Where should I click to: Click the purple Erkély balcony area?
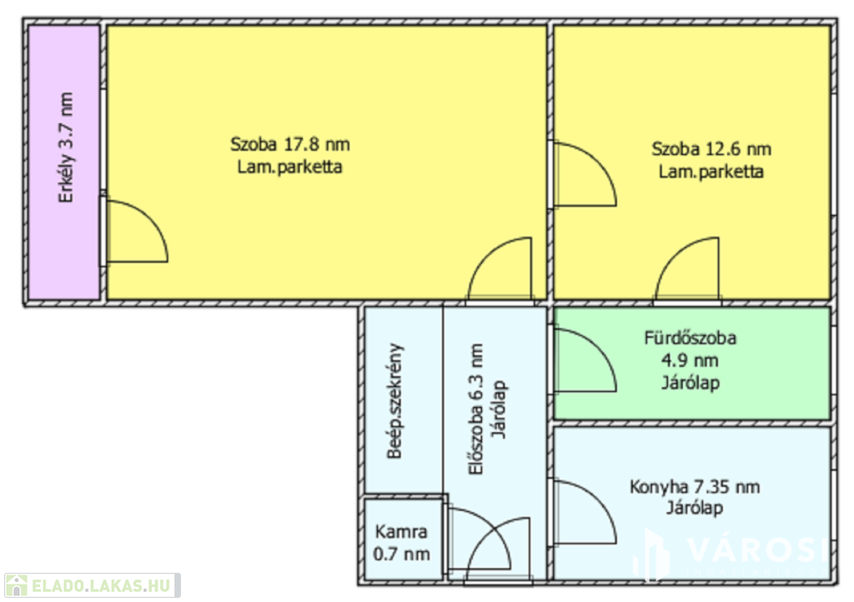(x=63, y=163)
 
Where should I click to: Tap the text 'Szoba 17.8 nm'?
(x=289, y=144)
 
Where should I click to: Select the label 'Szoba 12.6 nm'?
(x=711, y=148)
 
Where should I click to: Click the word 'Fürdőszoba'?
(x=690, y=338)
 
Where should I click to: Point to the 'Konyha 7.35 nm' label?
(x=695, y=487)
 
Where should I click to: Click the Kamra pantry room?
(x=403, y=539)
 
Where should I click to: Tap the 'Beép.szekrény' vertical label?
(x=395, y=401)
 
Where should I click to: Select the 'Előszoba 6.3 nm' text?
(x=476, y=409)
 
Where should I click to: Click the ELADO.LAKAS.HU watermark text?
(x=101, y=585)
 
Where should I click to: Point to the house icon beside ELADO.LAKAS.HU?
(x=17, y=585)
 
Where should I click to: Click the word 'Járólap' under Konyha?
(x=695, y=508)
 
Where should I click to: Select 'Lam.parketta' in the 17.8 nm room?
(x=289, y=167)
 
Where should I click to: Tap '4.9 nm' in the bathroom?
(x=690, y=360)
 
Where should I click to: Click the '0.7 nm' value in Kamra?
(x=401, y=554)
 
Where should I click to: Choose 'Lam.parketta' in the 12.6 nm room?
(x=711, y=172)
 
